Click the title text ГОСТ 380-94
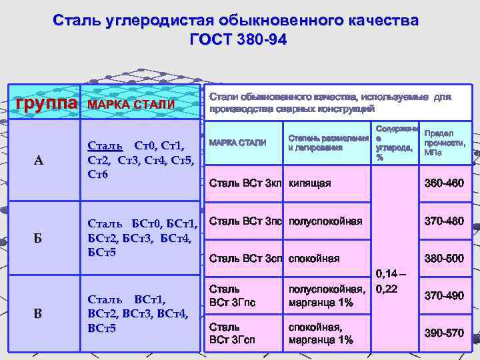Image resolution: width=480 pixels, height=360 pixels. pos(238,40)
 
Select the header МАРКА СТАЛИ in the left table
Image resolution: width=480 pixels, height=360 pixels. pos(131,105)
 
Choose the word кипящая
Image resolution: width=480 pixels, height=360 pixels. pos(309,183)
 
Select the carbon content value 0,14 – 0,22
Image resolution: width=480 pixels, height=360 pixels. pos(396,281)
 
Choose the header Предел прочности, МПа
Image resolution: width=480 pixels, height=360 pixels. pos(443,143)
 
